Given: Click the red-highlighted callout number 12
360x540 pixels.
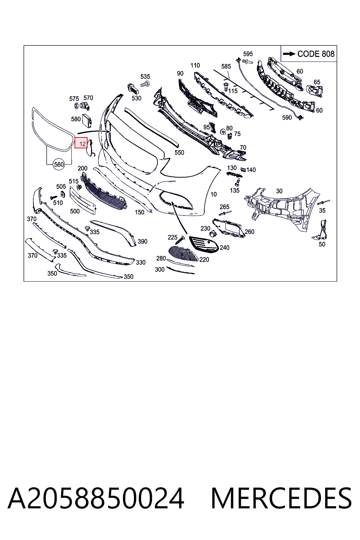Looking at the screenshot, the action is pyautogui.click(x=81, y=143).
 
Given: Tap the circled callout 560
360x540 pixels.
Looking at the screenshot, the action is pyautogui.click(x=59, y=165).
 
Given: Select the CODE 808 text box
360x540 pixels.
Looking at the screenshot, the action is pyautogui.click(x=309, y=53).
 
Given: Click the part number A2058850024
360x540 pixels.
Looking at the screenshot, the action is pyautogui.click(x=96, y=498).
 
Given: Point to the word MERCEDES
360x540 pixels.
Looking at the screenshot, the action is pyautogui.click(x=281, y=498).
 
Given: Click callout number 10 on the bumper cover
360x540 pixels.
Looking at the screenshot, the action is pyautogui.click(x=214, y=194).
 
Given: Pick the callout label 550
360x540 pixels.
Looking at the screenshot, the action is pyautogui.click(x=179, y=152).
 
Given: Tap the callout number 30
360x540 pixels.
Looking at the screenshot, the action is pyautogui.click(x=279, y=191).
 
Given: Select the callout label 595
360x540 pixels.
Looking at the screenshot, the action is pyautogui.click(x=248, y=54).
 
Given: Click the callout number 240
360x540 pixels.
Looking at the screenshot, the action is pyautogui.click(x=225, y=247).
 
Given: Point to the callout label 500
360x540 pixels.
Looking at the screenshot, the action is pyautogui.click(x=75, y=211).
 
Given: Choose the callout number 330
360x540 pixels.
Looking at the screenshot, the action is pyautogui.click(x=141, y=262).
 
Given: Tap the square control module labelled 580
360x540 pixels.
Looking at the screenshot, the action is pyautogui.click(x=87, y=120).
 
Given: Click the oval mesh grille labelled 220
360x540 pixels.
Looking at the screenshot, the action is pyautogui.click(x=183, y=253).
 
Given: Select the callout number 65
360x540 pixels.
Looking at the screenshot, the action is pyautogui.click(x=317, y=82).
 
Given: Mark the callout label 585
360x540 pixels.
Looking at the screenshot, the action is pyautogui.click(x=226, y=66).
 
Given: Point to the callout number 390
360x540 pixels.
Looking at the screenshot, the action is pyautogui.click(x=142, y=241).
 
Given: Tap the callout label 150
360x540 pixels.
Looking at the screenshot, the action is pyautogui.click(x=139, y=212).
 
